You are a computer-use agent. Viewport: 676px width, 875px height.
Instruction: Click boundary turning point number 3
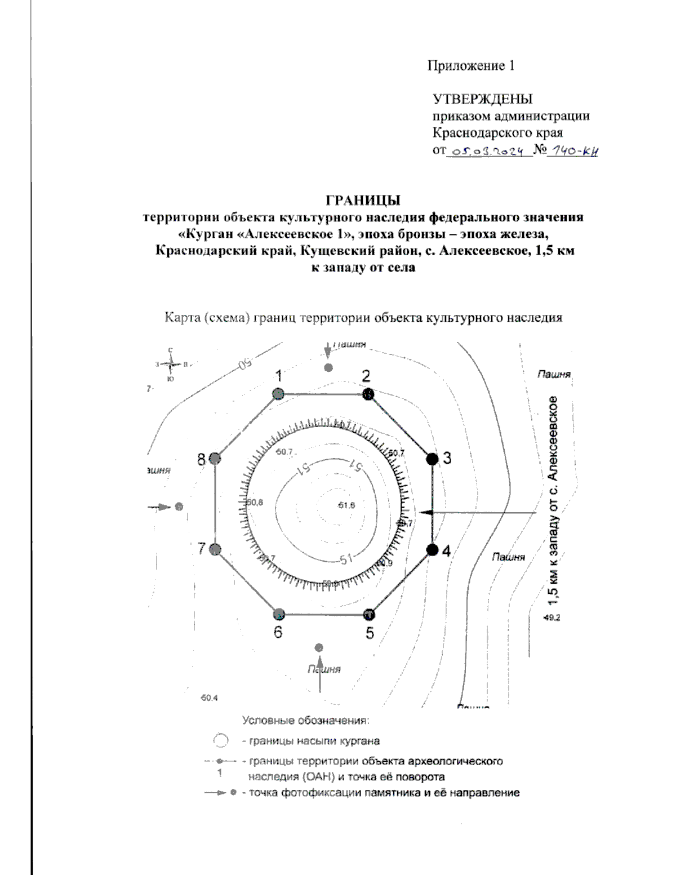click(x=432, y=459)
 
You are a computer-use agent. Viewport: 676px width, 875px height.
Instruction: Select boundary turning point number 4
click(x=432, y=550)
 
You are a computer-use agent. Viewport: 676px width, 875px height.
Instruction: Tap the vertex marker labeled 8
click(x=215, y=459)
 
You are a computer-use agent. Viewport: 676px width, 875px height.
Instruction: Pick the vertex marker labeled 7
click(x=215, y=550)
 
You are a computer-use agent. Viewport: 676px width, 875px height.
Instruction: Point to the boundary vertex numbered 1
click(x=277, y=394)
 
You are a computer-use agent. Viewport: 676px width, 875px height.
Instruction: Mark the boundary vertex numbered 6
click(x=278, y=614)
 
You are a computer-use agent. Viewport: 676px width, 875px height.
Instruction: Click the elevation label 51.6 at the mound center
click(x=346, y=505)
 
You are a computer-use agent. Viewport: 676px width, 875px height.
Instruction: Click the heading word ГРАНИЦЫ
click(x=363, y=200)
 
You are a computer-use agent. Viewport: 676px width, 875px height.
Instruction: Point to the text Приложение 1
click(x=470, y=66)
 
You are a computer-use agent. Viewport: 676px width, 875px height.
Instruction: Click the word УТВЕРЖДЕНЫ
click(x=482, y=99)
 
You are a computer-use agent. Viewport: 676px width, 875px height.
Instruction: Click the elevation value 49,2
click(x=552, y=618)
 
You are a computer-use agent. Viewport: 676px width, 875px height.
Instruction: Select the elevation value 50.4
click(x=209, y=698)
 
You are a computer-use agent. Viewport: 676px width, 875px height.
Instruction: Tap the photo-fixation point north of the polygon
click(x=328, y=368)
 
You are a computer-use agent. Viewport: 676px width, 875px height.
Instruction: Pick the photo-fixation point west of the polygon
click(x=179, y=507)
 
